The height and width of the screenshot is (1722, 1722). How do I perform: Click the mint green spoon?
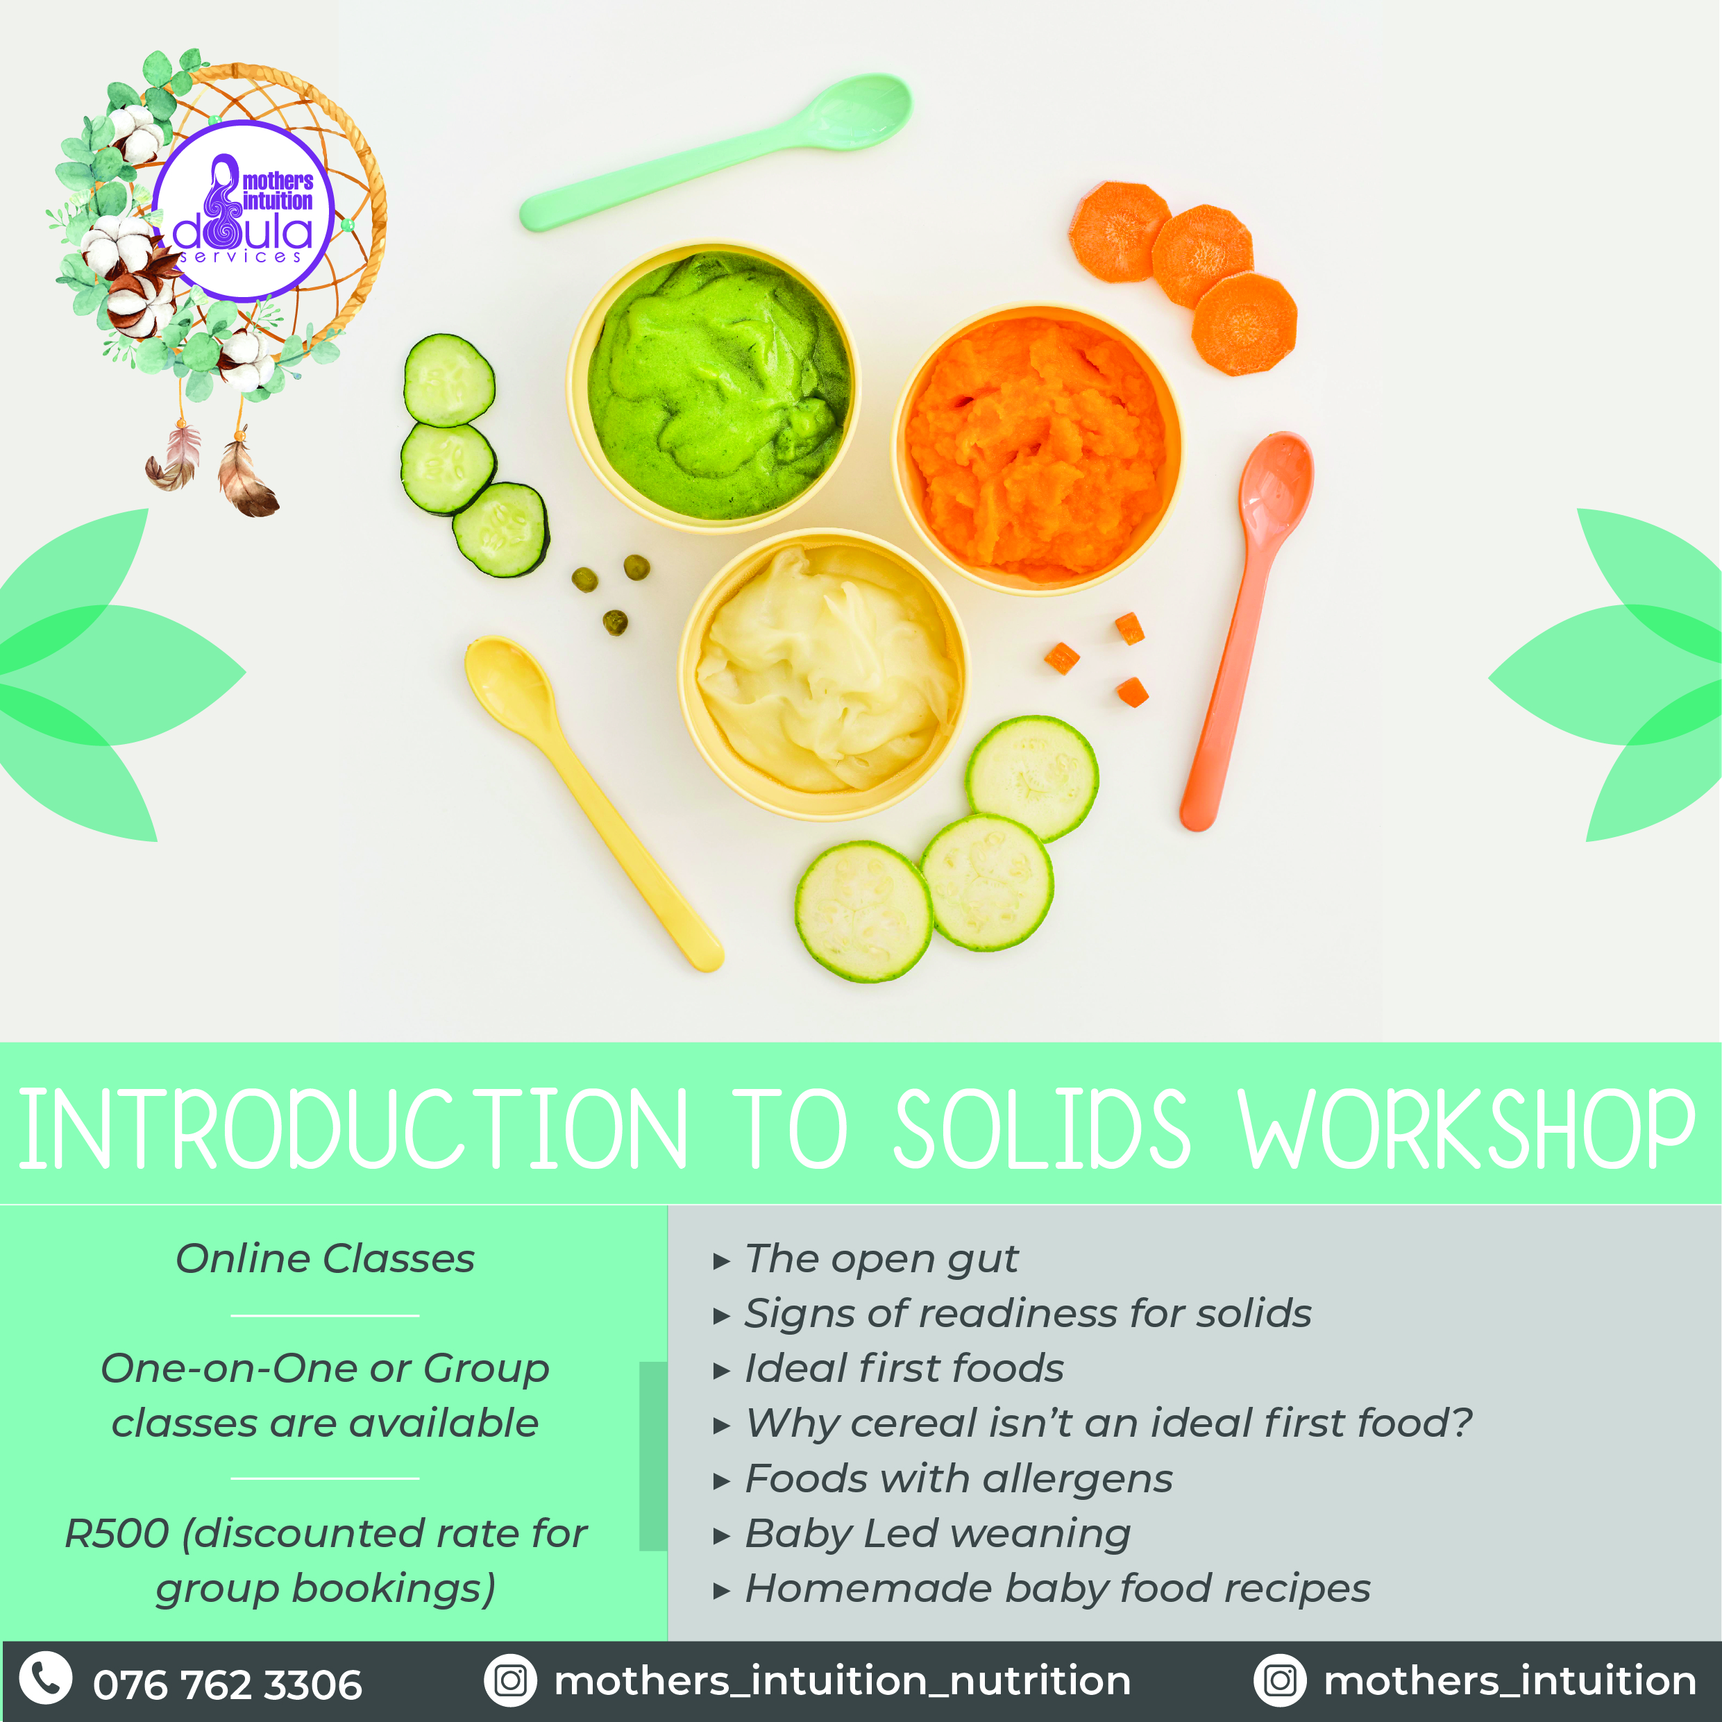[713, 153]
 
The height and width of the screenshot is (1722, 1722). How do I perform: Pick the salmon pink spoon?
[1246, 630]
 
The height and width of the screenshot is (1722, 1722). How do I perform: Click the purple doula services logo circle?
[242, 211]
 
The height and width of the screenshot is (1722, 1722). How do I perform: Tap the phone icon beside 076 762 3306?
[45, 1678]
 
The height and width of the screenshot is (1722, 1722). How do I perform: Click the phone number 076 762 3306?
[227, 1685]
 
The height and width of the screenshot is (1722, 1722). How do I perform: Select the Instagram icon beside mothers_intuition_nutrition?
[511, 1680]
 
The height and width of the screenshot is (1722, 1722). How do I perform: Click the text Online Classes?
[326, 1258]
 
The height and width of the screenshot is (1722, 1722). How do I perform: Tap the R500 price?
[117, 1533]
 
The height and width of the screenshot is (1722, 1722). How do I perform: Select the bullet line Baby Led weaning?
[922, 1534]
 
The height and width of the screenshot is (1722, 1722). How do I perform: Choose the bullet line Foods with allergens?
[943, 1478]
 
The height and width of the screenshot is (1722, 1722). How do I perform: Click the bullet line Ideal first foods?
[888, 1368]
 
